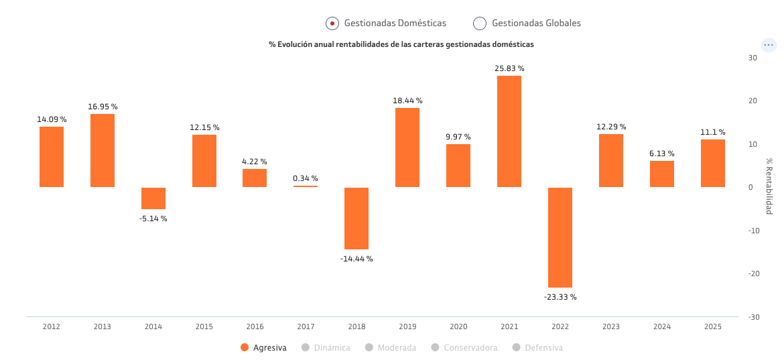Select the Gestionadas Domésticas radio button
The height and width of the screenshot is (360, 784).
(332, 23)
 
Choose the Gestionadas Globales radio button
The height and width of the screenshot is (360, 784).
(480, 23)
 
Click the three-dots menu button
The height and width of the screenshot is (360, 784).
(769, 45)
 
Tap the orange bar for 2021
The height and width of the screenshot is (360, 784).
(509, 131)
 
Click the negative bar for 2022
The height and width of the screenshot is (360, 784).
(560, 237)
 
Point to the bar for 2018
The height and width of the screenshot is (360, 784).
(356, 219)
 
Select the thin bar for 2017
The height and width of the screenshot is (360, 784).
(306, 186)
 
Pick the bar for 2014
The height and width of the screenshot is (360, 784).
(153, 198)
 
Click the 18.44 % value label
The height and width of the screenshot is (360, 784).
(407, 101)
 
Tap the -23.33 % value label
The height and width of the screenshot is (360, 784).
(560, 297)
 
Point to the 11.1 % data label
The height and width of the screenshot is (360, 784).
(712, 132)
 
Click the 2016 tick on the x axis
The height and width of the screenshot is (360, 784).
(255, 326)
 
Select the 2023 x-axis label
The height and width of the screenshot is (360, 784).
(611, 326)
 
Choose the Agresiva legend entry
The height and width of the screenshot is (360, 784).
(263, 347)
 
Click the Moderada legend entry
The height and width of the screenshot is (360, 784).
(391, 347)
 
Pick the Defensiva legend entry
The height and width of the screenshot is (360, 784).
(537, 347)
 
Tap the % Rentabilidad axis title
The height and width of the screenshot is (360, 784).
(770, 186)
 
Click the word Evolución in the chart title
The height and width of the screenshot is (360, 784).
(294, 44)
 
